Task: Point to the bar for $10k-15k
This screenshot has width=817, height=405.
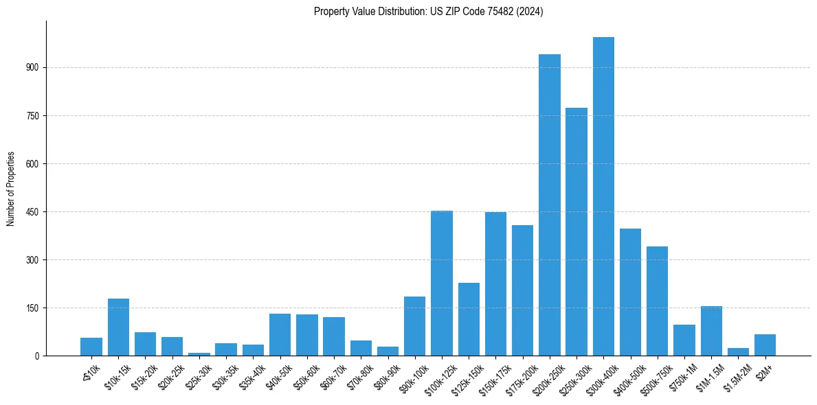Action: pos(118,327)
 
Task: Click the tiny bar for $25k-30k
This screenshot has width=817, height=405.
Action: pos(199,354)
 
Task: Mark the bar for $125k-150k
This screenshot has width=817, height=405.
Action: pos(469,319)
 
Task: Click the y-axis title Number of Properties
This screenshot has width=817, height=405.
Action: pos(11,188)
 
